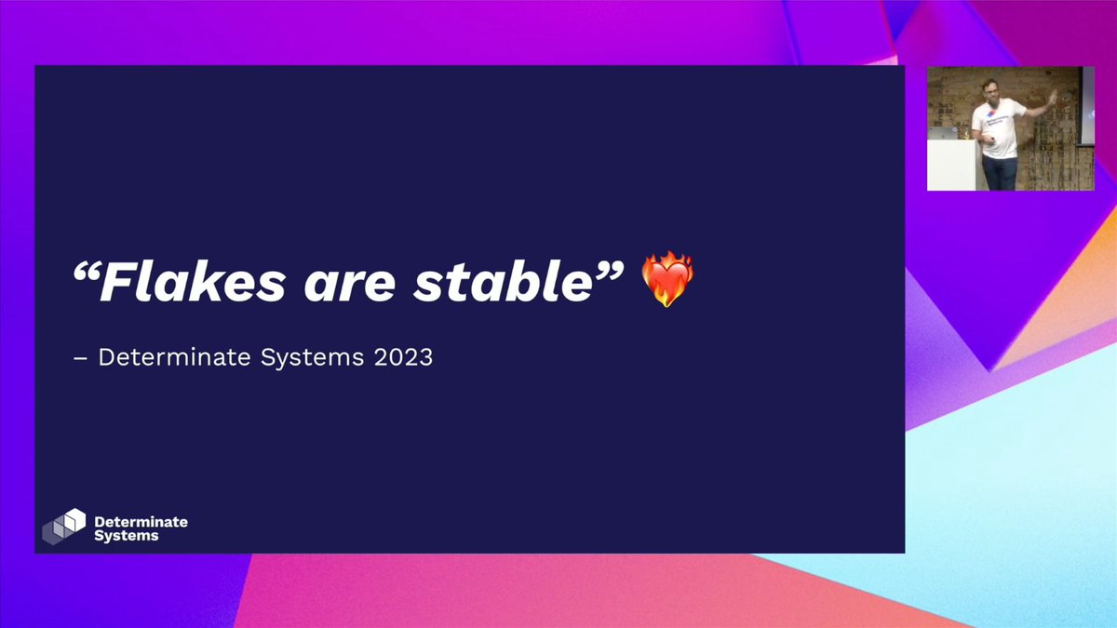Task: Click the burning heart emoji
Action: point(667,282)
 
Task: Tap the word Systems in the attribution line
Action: point(300,357)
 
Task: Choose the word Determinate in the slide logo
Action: point(141,522)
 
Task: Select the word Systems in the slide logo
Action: point(127,536)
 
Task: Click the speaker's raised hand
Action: point(1053,96)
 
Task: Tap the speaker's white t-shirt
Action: point(997,126)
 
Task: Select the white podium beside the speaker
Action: point(949,165)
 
